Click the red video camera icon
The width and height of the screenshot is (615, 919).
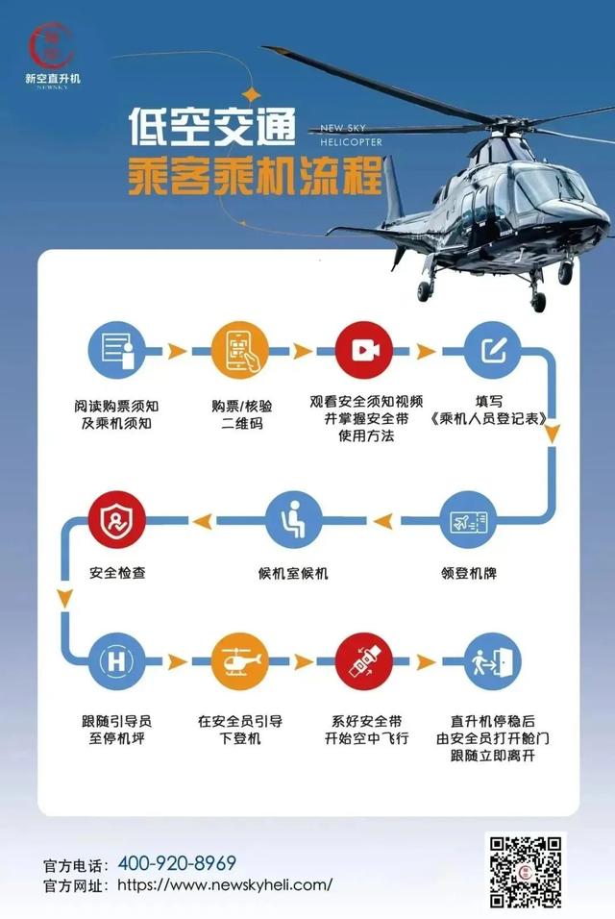[364, 351]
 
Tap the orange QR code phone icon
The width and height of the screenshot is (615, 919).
[239, 351]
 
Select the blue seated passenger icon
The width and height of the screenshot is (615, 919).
[293, 520]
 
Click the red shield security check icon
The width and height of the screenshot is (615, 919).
[116, 520]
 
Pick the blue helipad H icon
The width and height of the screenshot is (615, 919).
[116, 661]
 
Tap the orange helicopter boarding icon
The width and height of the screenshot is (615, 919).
[239, 661]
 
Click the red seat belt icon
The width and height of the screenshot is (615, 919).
[364, 661]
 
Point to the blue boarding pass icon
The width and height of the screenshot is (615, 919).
[469, 520]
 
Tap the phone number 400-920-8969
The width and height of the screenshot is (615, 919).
[177, 862]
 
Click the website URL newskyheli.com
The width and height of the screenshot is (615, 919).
[226, 884]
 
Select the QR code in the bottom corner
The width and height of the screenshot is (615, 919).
[526, 872]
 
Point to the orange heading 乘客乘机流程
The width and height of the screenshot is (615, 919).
[255, 176]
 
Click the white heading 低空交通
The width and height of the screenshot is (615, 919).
[212, 126]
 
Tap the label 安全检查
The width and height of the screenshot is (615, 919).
[117, 573]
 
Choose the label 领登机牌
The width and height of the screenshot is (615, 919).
[469, 573]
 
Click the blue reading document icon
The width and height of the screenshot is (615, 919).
[116, 351]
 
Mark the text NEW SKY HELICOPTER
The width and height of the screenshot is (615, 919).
[351, 135]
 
